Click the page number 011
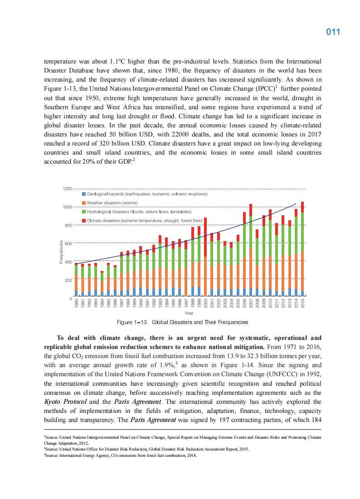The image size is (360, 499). [x=333, y=32]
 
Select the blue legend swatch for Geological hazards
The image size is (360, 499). [x=84, y=194]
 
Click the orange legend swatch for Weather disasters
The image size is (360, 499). [x=84, y=203]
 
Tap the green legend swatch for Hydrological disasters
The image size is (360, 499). [x=84, y=212]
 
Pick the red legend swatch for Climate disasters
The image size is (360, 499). [x=84, y=221]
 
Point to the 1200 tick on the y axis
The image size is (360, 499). [x=68, y=188]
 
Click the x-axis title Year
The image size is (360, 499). [x=189, y=313]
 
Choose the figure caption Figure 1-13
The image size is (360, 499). [x=182, y=322]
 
